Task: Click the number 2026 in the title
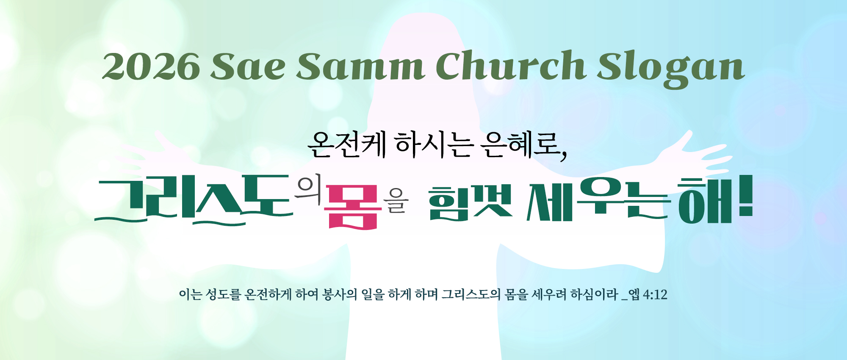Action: (151, 67)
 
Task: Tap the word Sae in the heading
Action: (248, 67)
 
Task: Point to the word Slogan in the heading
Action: (671, 69)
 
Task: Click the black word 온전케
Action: (347, 144)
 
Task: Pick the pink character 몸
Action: (352, 207)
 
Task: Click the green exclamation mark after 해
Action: (746, 196)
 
